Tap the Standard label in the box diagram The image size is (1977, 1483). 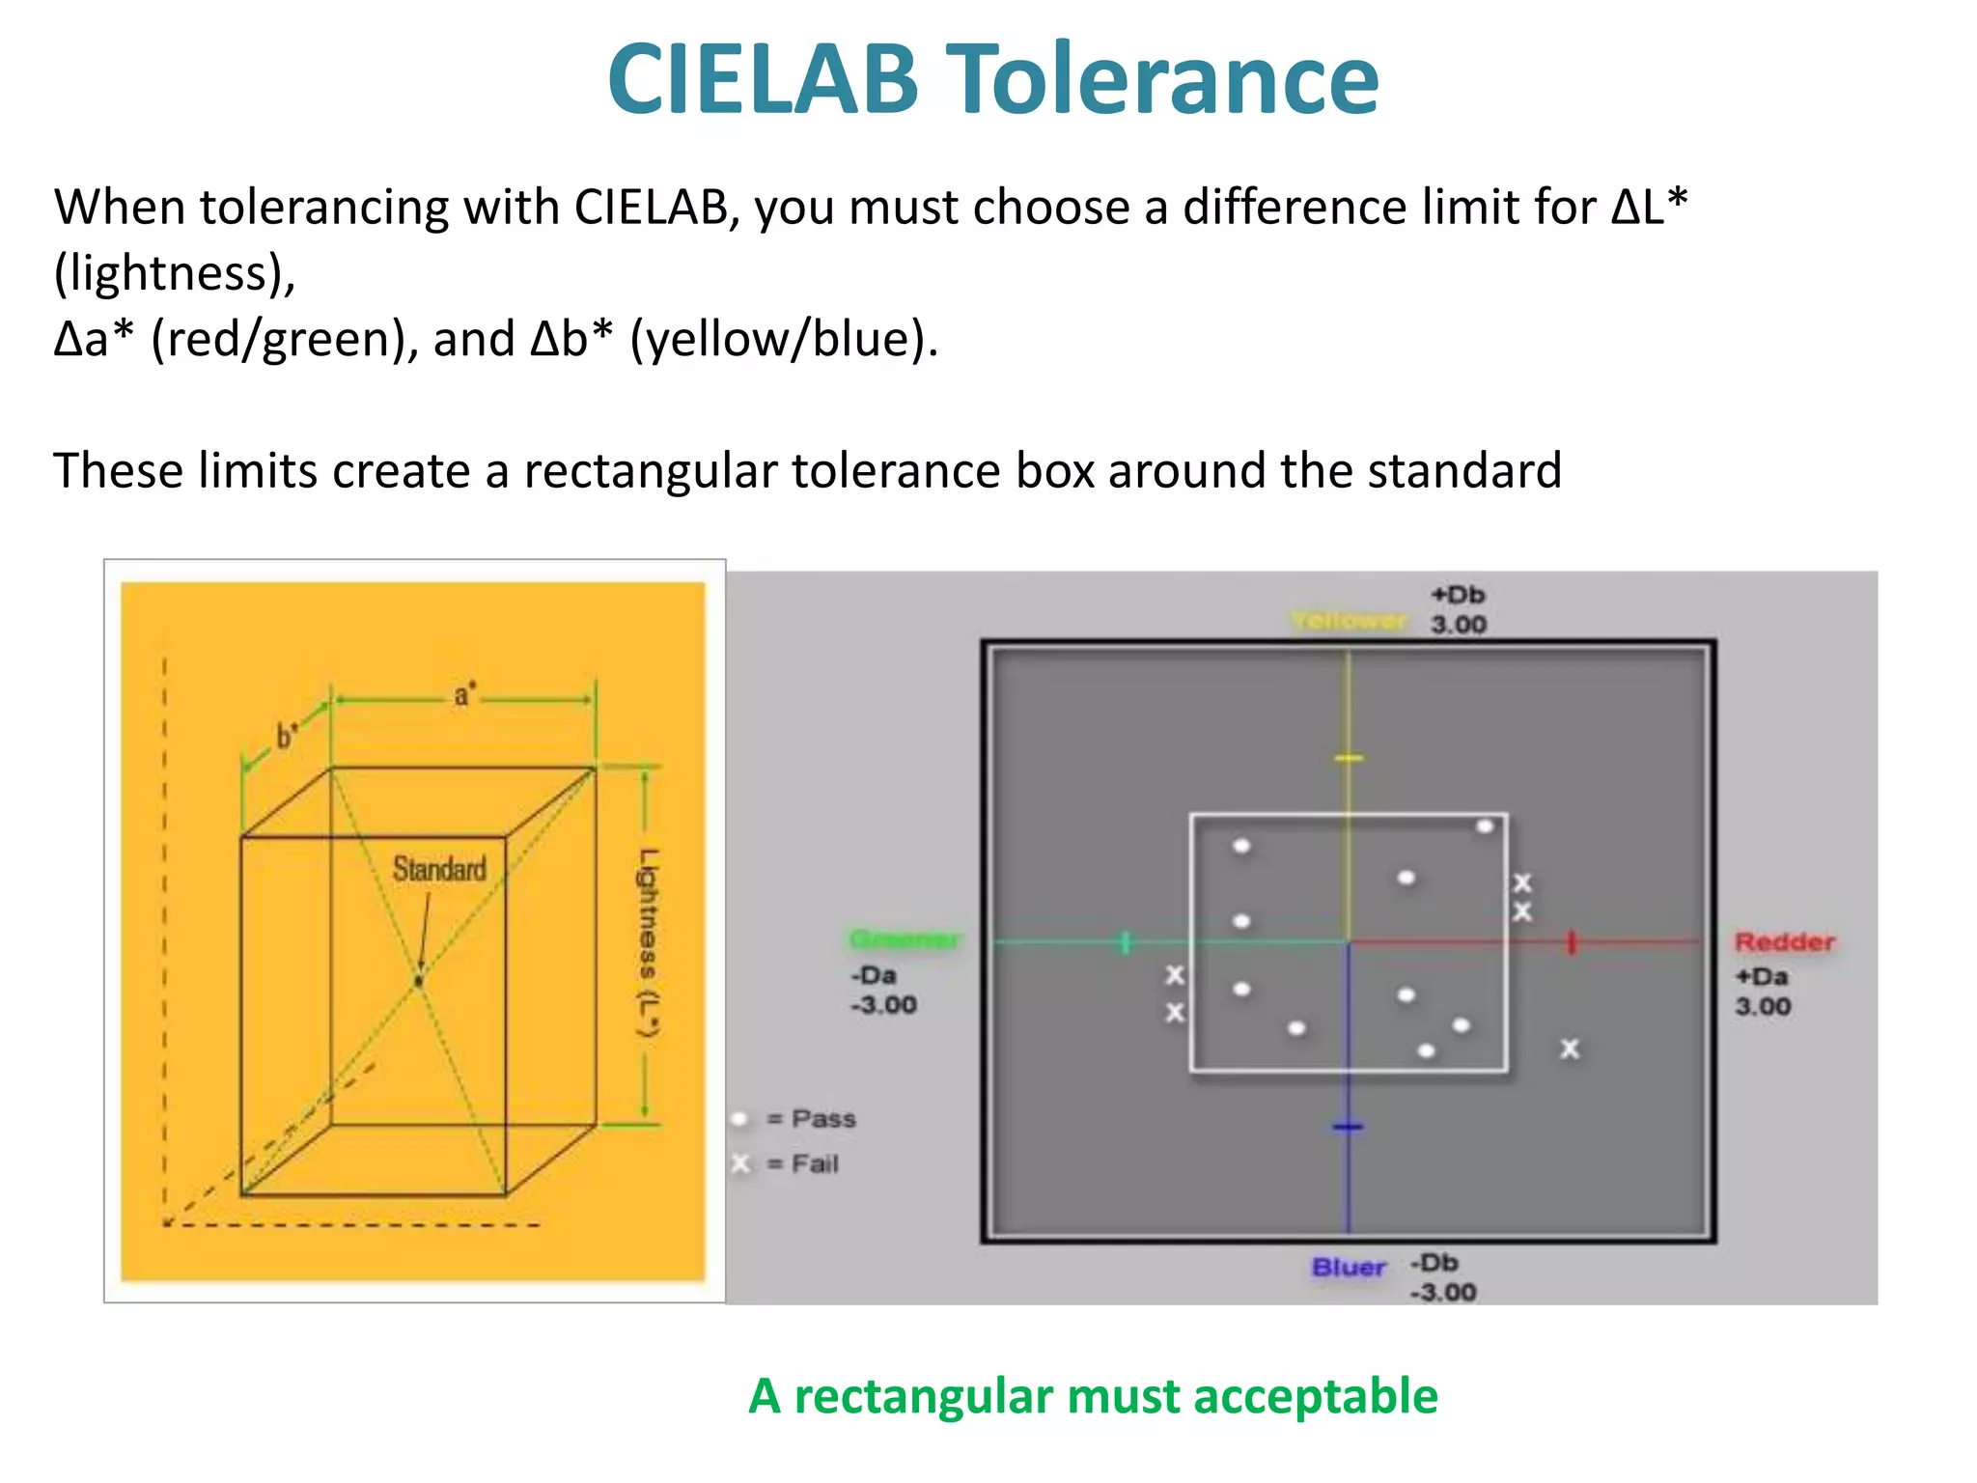point(439,869)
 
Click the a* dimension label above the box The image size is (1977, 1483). point(464,694)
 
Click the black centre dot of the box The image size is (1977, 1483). point(418,981)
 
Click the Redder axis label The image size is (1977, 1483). point(1784,941)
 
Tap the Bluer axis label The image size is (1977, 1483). point(1349,1267)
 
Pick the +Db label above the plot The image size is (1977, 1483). point(1458,595)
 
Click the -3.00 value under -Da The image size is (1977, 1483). point(883,1005)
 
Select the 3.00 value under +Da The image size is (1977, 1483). point(1763,1006)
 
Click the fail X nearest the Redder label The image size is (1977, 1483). point(1570,1049)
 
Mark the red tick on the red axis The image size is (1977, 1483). point(1572,942)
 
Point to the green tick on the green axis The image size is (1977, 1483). point(1126,941)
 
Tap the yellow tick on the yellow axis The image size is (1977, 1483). point(1349,758)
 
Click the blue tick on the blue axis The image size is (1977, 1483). point(1349,1127)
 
